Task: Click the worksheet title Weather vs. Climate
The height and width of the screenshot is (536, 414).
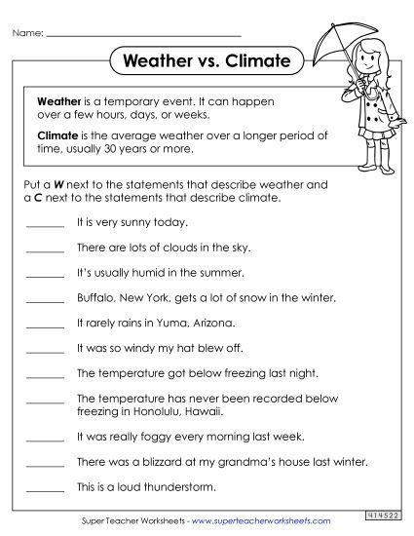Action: (x=207, y=61)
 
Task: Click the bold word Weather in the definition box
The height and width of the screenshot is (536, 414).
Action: (x=56, y=100)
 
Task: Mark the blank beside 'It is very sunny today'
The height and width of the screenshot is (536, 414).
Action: (x=45, y=224)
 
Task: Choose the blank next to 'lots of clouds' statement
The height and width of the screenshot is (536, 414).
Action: (x=45, y=249)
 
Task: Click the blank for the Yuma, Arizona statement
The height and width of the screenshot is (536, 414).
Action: (x=45, y=324)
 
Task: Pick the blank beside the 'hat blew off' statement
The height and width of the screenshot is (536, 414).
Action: (x=45, y=348)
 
